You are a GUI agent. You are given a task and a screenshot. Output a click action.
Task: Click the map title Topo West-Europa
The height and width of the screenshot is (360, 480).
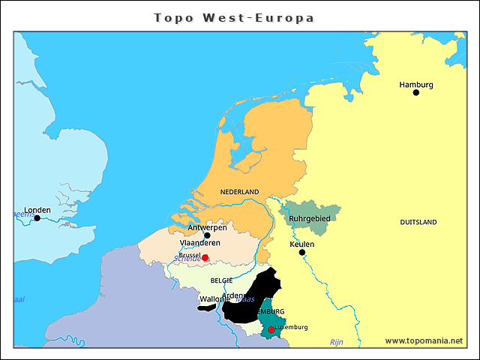[x=234, y=17]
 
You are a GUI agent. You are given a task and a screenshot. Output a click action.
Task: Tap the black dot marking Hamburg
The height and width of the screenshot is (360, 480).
[x=416, y=92]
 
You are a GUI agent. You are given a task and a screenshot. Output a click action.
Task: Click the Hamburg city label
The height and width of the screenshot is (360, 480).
[x=416, y=84]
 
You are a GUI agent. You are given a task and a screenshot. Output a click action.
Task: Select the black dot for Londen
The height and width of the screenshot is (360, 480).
[x=37, y=218]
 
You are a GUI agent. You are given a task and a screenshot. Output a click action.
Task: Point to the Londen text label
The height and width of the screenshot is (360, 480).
[x=37, y=210]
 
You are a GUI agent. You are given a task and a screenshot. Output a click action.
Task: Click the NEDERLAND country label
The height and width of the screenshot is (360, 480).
[x=239, y=192]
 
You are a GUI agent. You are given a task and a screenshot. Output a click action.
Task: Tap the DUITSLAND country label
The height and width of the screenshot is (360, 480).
[x=418, y=223]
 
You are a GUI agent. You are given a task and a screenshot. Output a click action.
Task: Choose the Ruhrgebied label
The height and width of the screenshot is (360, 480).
[x=310, y=218]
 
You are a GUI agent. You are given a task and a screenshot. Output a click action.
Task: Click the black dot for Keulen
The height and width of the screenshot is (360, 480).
[x=302, y=253]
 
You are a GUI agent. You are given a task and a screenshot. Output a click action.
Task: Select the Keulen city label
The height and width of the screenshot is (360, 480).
[x=301, y=244]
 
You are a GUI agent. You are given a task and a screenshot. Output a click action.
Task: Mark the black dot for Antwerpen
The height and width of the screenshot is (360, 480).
[x=207, y=235]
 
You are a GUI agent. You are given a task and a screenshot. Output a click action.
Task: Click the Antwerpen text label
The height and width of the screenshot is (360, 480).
[x=207, y=227]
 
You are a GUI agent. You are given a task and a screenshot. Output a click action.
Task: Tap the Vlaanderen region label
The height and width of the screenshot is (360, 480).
[x=199, y=243]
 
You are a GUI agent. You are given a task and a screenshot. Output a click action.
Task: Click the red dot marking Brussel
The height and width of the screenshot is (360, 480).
[x=205, y=257]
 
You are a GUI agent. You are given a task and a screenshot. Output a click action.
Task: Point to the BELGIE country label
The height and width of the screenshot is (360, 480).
[x=221, y=280]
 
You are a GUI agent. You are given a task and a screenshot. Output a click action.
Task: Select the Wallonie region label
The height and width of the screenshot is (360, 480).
[x=214, y=299]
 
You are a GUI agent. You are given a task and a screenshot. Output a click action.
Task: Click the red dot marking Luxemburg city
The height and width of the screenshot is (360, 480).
[x=271, y=329]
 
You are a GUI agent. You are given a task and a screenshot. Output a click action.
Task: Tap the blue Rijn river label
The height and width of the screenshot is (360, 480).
[x=336, y=342]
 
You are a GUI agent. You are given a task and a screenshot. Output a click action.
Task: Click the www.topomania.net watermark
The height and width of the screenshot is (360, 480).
[x=424, y=340]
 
